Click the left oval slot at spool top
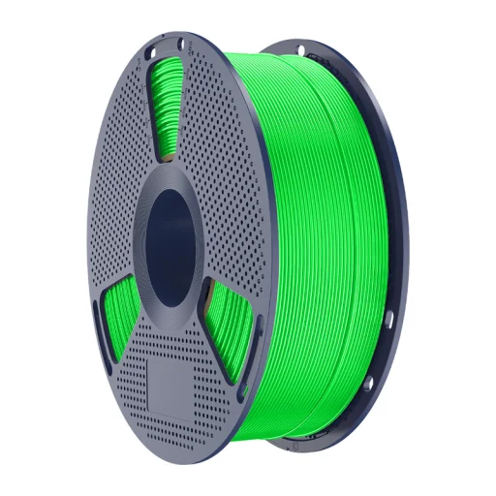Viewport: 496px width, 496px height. coord(151,46)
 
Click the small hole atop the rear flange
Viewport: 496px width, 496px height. coord(301,49)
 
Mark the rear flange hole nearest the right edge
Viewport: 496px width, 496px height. coord(387,319)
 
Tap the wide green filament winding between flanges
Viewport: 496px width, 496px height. coord(320,242)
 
